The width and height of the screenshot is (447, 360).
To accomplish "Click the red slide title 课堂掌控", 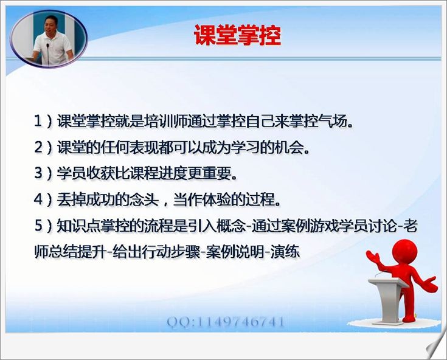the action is [x=237, y=35].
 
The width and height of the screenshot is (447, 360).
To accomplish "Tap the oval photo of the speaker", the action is [x=49, y=39].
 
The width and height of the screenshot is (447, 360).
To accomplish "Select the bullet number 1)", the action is [x=43, y=121].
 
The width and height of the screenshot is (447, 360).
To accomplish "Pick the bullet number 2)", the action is [x=43, y=147].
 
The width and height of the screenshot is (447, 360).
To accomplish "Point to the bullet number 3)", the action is [x=43, y=173].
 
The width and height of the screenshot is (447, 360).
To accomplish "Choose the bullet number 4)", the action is [x=43, y=199].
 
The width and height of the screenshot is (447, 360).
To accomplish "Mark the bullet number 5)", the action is [x=43, y=226].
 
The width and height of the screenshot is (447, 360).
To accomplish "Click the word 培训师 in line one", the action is [x=166, y=121].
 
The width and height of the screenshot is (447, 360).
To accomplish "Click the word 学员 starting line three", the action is [x=71, y=173].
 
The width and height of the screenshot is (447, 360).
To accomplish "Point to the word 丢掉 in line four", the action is [x=71, y=199].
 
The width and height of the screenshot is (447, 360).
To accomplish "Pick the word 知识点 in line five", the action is [x=78, y=226].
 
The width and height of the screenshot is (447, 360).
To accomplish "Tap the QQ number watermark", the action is [x=226, y=322].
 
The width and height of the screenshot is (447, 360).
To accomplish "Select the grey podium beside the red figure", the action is [x=388, y=300].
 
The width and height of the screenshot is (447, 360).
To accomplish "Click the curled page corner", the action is [x=437, y=347].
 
